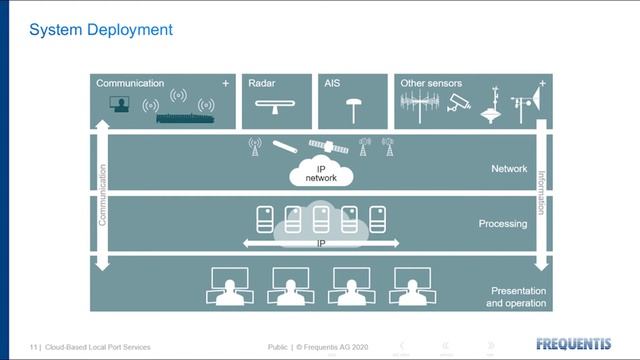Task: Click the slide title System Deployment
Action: point(101,30)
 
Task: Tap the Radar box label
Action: point(262,84)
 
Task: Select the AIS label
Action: point(333,84)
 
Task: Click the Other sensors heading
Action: point(428,84)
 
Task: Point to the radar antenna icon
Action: point(276,106)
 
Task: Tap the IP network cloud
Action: point(321,172)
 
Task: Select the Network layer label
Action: point(509,169)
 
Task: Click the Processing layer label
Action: point(503,224)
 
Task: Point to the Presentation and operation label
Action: point(517,296)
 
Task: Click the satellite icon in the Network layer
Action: point(328,146)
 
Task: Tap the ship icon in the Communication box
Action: point(185,117)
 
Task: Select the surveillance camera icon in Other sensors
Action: point(459,103)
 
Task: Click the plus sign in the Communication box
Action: point(225,84)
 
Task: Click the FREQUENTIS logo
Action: point(573,344)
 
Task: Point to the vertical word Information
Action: point(542,192)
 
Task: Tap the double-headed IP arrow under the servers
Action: point(321,243)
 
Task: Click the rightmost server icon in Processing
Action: point(378,217)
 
